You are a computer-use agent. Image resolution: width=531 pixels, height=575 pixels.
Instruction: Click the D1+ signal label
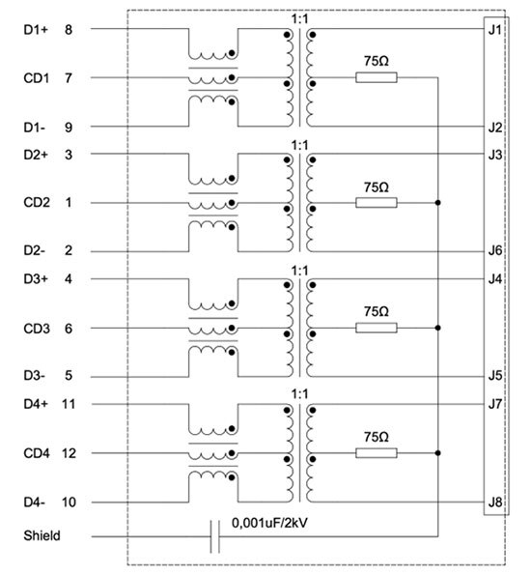tap(36, 30)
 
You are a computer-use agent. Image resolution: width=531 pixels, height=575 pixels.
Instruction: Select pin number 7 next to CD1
tap(69, 78)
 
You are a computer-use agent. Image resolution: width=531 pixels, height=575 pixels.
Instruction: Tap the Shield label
tap(42, 535)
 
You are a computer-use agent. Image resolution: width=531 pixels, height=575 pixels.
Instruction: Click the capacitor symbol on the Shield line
tap(215, 536)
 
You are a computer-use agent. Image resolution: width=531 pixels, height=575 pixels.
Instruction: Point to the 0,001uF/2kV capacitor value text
tap(269, 523)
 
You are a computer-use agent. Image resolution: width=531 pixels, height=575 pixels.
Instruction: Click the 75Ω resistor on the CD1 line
tap(377, 77)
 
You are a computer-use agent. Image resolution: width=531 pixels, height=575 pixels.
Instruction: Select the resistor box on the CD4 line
tap(377, 453)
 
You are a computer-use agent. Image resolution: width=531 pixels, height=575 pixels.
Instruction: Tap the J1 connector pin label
tap(494, 30)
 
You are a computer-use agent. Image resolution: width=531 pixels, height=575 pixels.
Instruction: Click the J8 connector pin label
tap(494, 502)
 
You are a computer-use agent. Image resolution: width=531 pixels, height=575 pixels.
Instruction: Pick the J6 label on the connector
tap(494, 251)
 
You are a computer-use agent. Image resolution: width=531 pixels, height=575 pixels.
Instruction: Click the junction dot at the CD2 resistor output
tap(438, 203)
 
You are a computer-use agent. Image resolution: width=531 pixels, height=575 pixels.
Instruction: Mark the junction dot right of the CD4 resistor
tap(438, 453)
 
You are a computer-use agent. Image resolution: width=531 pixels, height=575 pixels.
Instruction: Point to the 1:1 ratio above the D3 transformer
tap(299, 271)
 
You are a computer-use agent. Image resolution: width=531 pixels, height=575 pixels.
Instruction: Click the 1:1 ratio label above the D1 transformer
tap(299, 19)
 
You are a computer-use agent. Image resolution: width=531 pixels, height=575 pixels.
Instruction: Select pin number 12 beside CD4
tap(69, 453)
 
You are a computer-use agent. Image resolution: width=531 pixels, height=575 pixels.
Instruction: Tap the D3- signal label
tap(34, 376)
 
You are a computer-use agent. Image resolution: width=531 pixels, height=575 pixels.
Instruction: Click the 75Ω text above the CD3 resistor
tap(377, 312)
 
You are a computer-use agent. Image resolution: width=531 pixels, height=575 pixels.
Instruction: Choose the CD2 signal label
tap(37, 202)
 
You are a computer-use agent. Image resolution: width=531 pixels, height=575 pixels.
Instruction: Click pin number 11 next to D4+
tap(69, 404)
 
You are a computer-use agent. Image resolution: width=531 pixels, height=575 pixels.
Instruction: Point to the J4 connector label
tap(494, 279)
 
